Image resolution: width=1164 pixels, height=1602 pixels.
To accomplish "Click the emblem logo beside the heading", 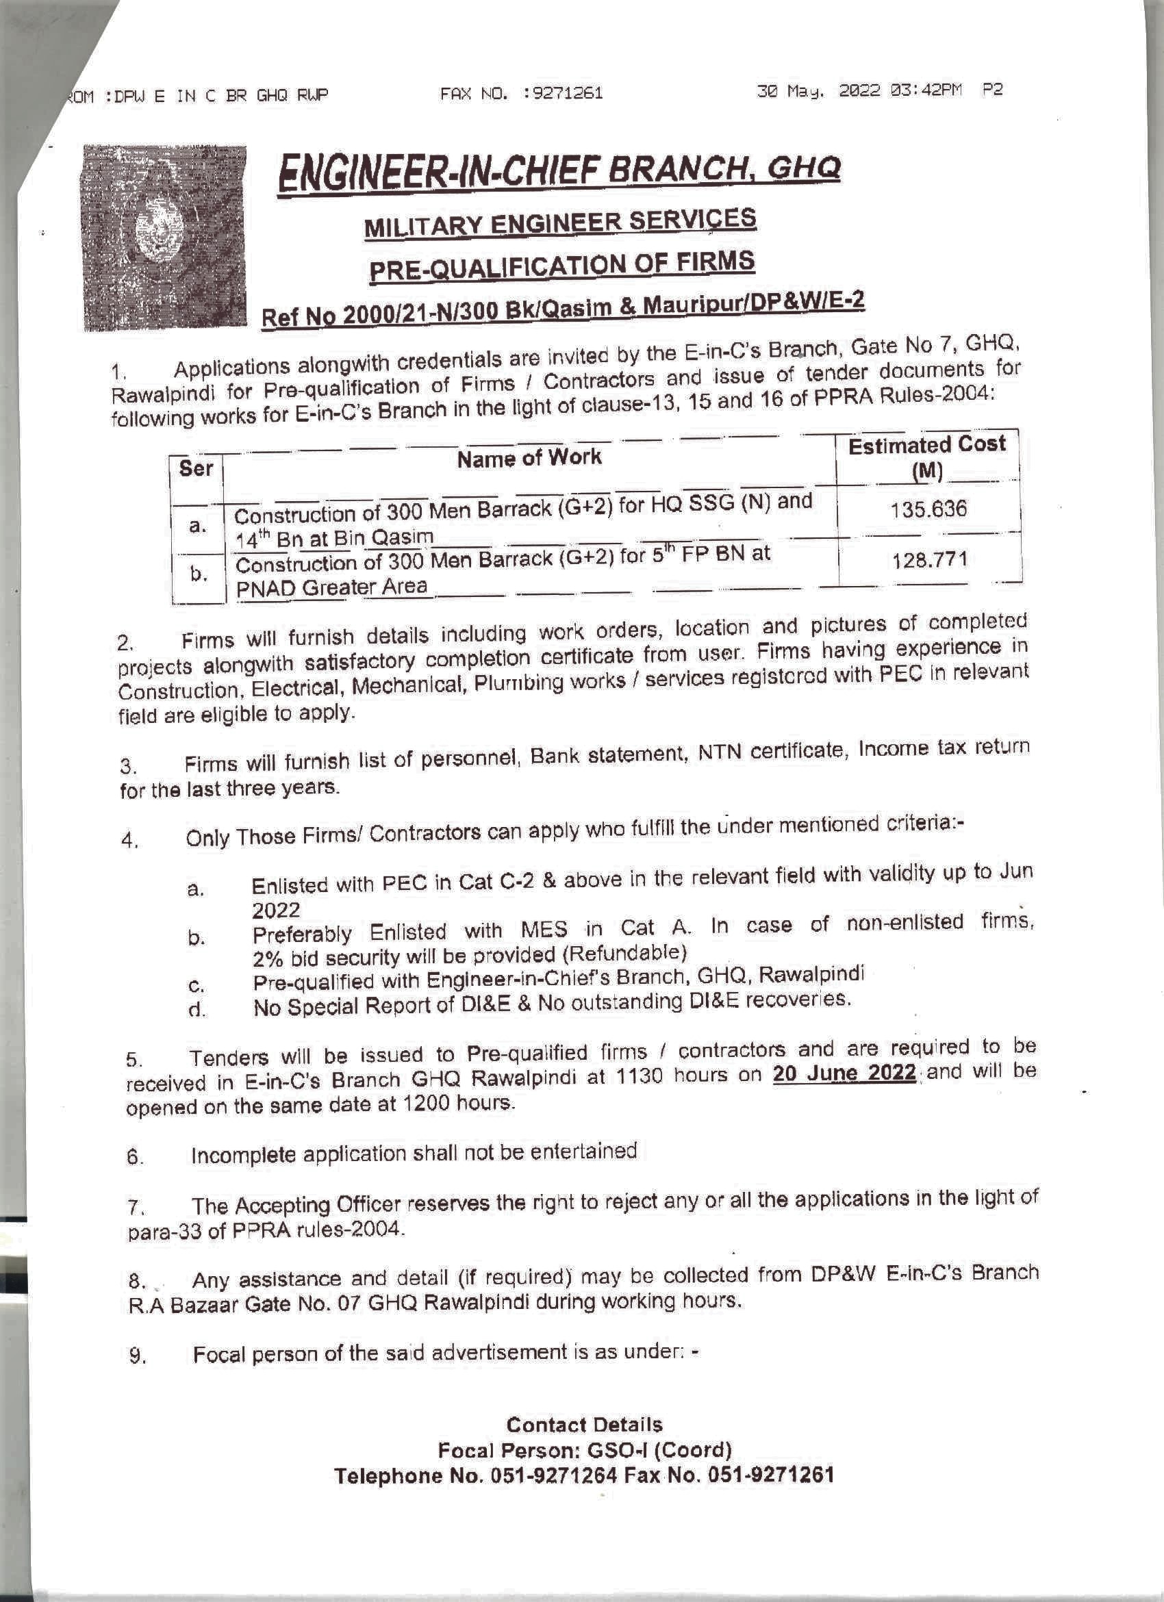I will (164, 238).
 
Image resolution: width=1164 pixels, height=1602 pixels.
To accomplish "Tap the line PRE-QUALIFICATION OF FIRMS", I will (562, 266).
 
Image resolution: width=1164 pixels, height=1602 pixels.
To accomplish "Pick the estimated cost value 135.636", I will (928, 509).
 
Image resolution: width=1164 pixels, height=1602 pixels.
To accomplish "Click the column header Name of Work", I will (529, 458).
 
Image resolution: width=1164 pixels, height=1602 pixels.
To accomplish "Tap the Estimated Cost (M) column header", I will (926, 457).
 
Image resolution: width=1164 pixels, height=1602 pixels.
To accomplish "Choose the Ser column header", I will (196, 468).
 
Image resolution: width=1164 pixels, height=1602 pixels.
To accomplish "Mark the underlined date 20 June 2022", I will (844, 1072).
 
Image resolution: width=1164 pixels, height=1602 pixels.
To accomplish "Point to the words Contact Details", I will (584, 1424).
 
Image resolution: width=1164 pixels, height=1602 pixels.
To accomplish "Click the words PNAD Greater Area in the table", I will (331, 586).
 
